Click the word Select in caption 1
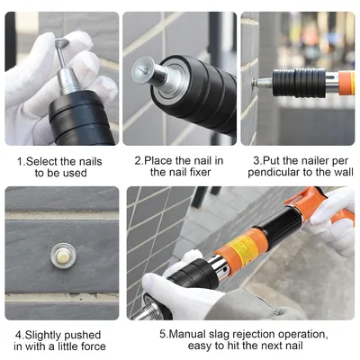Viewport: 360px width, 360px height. click(41, 162)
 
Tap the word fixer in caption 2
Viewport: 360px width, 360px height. click(197, 172)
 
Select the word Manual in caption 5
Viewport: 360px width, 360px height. click(187, 334)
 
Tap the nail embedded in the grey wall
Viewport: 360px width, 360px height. click(63, 256)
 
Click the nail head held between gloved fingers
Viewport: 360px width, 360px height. click(61, 43)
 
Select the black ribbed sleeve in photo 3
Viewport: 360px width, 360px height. click(299, 83)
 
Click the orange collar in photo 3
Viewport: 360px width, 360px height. click(346, 83)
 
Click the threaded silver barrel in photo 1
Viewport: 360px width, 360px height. click(69, 81)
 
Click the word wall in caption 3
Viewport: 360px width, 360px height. click(344, 172)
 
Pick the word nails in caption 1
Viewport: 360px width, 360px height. click(89, 162)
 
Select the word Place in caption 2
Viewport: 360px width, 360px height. click(158, 160)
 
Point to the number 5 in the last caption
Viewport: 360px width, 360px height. click(162, 334)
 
